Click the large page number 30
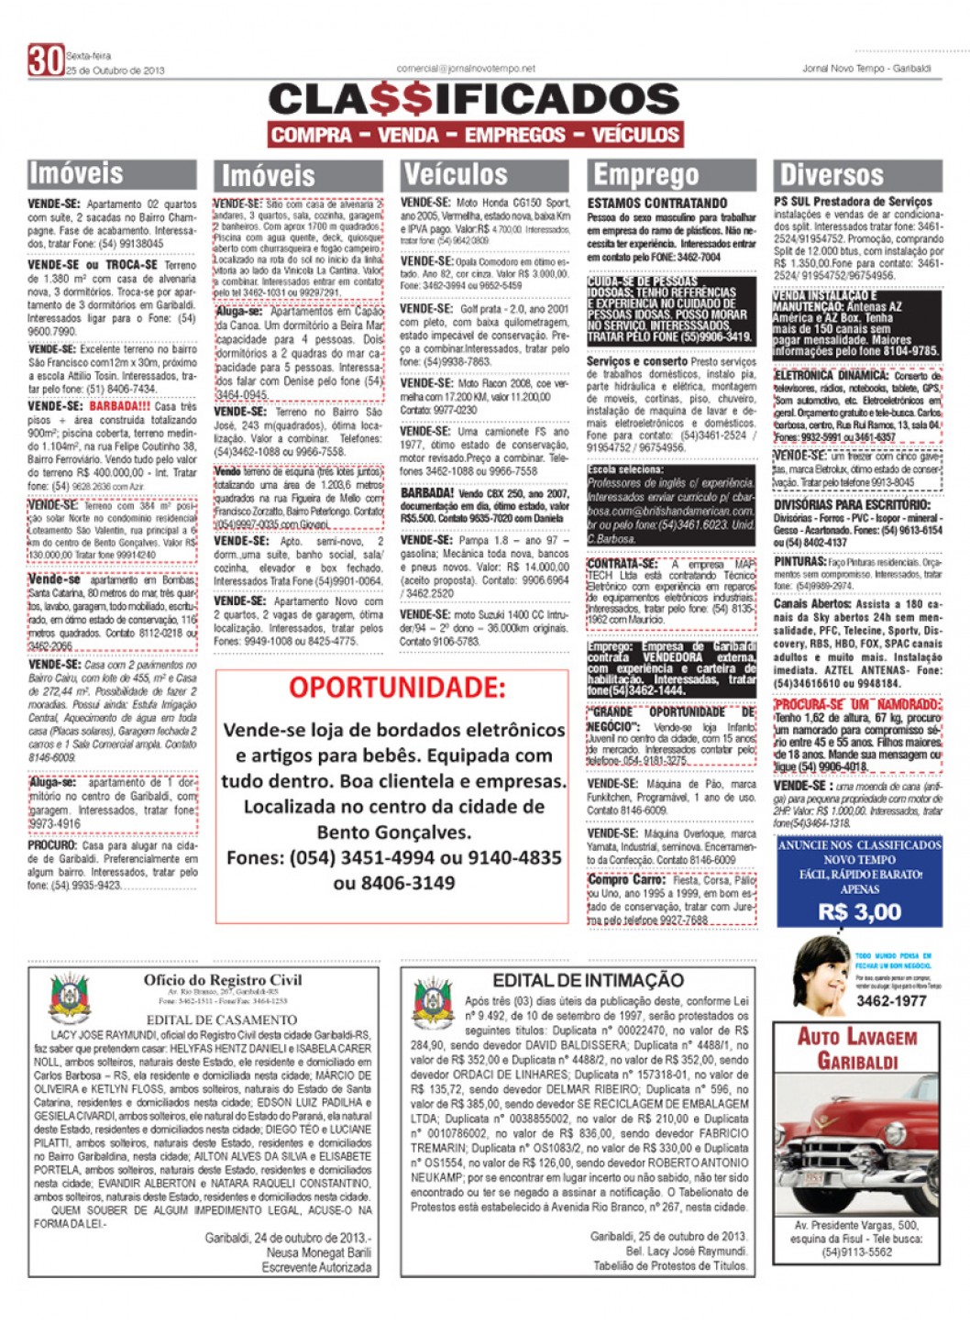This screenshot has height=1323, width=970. (45, 60)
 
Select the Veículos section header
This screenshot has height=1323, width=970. (455, 174)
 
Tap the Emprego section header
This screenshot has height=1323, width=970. (645, 174)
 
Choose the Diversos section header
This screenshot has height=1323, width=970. (831, 174)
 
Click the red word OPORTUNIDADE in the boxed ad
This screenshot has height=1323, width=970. (397, 687)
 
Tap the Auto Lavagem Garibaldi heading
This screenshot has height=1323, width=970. (856, 1049)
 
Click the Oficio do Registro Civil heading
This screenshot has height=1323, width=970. (222, 980)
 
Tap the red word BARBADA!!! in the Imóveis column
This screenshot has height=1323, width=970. (119, 406)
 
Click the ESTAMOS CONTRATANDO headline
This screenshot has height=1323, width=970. (657, 203)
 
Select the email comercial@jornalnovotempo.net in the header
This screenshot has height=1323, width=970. (465, 69)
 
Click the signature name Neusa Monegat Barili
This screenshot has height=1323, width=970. (318, 1251)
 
